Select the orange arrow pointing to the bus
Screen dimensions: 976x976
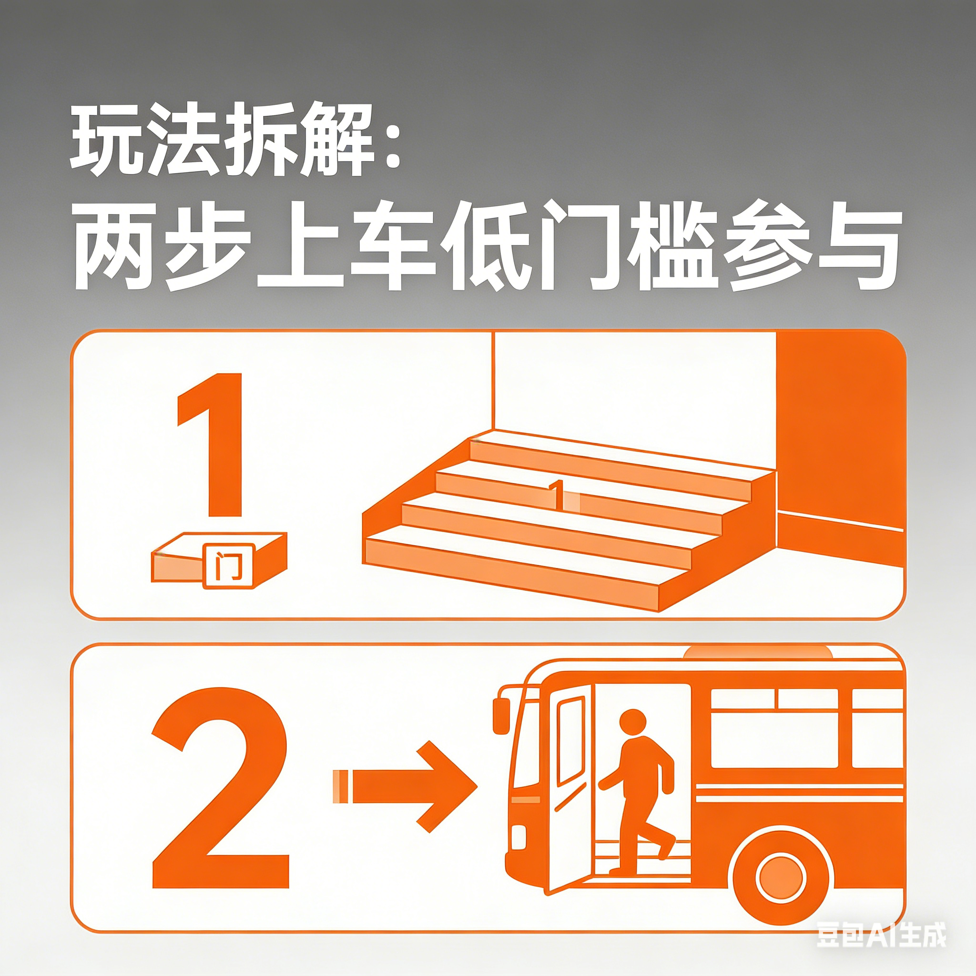point(405,793)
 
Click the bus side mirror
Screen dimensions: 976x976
point(501,716)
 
